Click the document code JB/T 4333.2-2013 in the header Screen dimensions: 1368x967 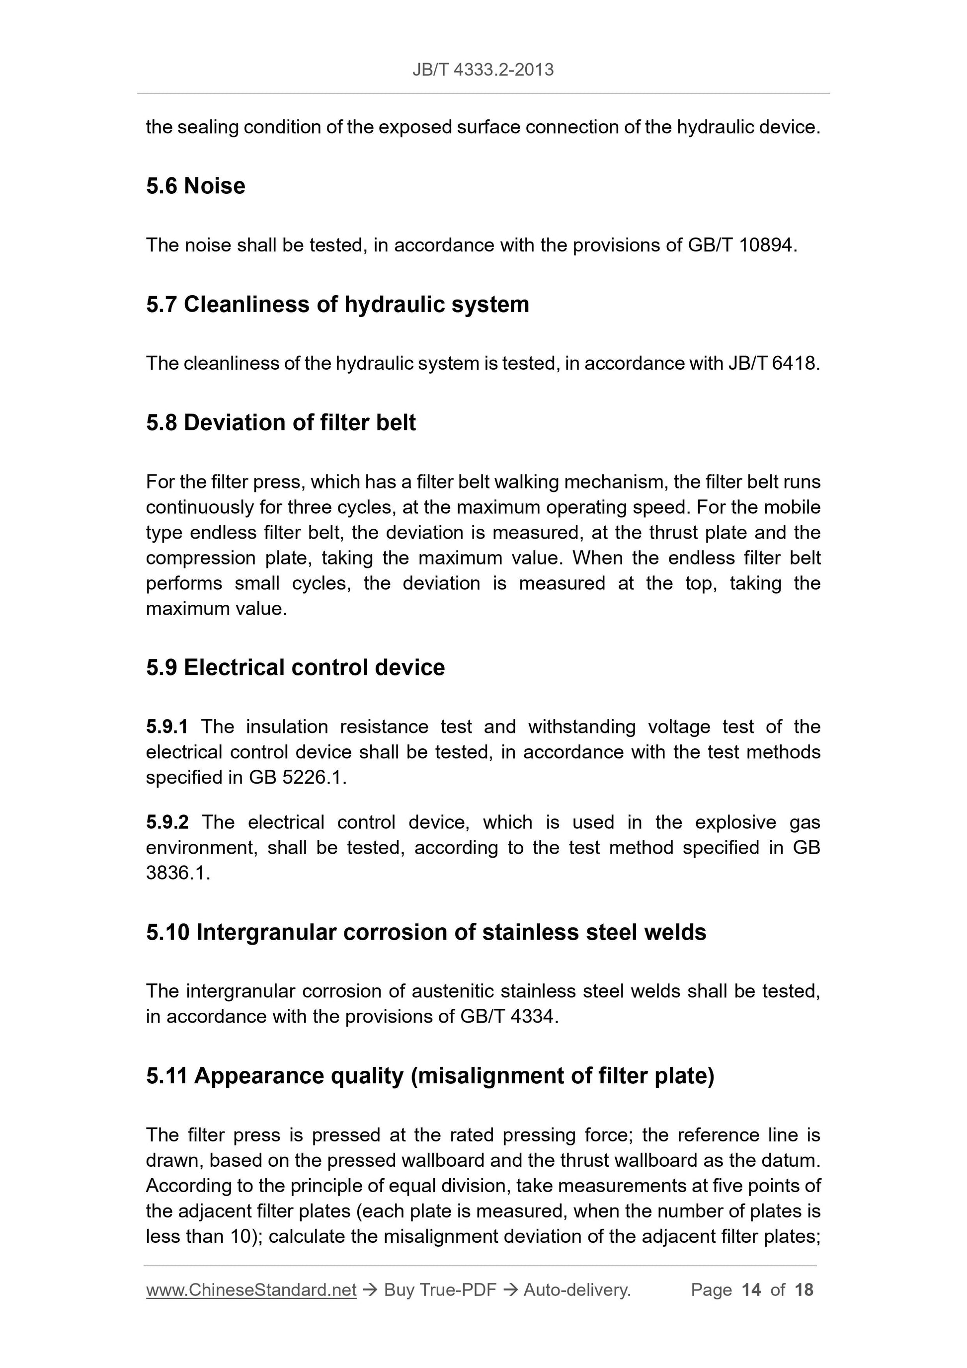483,70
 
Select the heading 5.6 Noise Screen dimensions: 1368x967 195,186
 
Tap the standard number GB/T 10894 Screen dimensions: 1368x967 741,245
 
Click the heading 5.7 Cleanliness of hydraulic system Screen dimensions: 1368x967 337,305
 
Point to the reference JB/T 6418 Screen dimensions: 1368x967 772,363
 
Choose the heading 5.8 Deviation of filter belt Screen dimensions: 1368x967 281,422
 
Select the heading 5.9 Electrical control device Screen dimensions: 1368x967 295,667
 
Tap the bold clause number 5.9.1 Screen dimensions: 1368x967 167,726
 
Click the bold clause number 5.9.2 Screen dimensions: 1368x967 167,822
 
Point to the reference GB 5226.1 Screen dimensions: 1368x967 296,778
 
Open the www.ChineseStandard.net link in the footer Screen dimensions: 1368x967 251,1290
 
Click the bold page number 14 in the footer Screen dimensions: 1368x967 751,1290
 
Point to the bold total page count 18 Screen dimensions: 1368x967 804,1290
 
